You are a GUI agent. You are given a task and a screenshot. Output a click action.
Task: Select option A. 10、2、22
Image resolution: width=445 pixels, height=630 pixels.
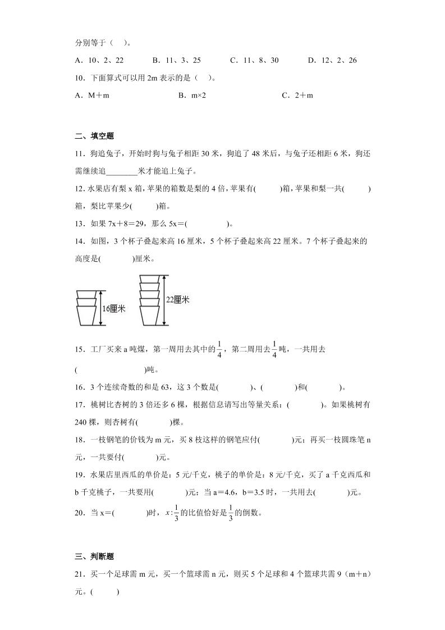pos(99,60)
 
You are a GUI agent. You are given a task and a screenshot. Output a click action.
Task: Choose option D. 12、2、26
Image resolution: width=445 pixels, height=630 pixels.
pos(332,60)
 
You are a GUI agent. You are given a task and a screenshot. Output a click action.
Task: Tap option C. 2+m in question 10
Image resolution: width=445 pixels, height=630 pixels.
pos(297,95)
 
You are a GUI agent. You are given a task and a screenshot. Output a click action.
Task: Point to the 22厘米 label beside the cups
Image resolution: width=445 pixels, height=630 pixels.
pos(177,300)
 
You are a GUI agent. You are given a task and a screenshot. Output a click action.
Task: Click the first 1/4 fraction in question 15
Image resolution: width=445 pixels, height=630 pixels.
pos(221,349)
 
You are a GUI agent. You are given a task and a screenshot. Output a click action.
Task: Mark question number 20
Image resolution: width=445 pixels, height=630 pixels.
pos(79,512)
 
